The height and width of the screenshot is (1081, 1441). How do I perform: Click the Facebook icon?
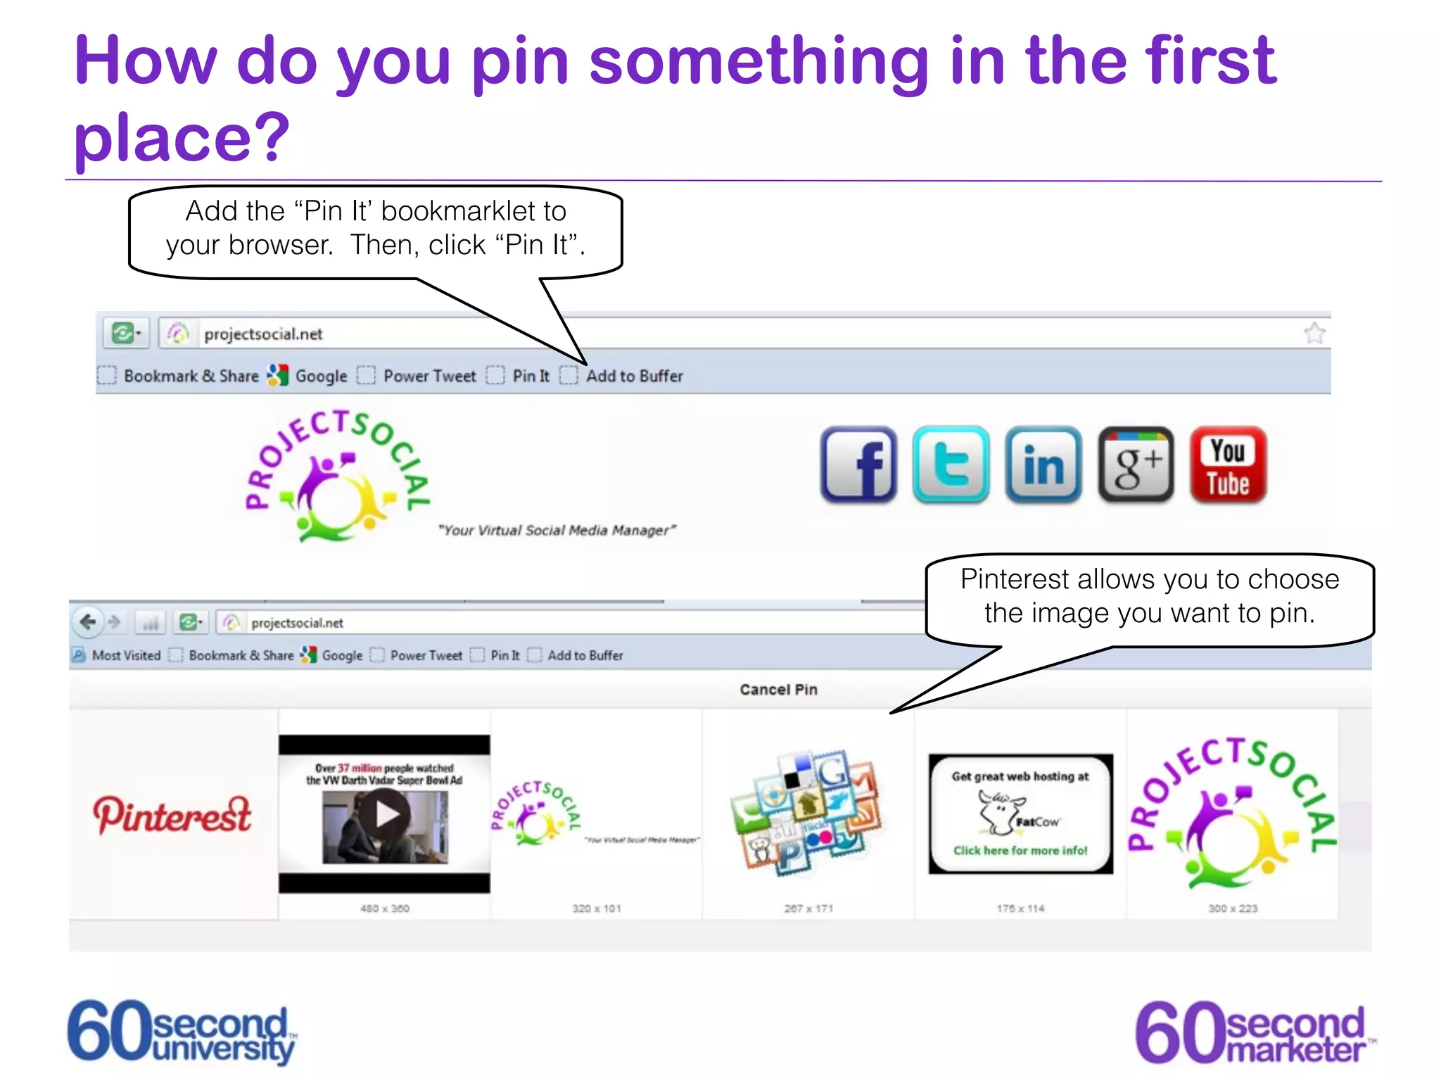pos(858,464)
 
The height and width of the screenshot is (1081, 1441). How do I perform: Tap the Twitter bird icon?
pos(951,464)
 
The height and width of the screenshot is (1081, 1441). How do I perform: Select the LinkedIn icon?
pos(1043,464)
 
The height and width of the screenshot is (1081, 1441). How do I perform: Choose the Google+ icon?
pos(1136,464)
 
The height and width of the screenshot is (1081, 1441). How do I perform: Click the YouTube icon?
pos(1228,464)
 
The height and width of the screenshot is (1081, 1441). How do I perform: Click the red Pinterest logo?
pos(172,815)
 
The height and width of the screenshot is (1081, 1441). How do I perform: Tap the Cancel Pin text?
pos(778,690)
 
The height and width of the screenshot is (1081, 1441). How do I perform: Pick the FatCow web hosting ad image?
pos(1020,814)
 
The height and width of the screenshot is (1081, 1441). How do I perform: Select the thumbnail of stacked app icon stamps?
pos(808,813)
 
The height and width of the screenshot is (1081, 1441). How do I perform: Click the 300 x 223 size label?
pos(1233,909)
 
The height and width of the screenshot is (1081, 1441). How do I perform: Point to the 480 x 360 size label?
pos(384,909)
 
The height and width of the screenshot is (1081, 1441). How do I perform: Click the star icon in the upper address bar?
pos(1314,334)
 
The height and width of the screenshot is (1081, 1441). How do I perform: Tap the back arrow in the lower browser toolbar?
pos(88,622)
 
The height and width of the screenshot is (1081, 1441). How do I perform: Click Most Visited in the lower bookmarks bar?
pos(126,655)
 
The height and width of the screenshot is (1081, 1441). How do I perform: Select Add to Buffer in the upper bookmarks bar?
pos(634,376)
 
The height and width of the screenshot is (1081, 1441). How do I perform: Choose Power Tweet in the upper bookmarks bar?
pos(429,376)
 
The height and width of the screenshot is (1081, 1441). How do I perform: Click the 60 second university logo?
pos(182,1032)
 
